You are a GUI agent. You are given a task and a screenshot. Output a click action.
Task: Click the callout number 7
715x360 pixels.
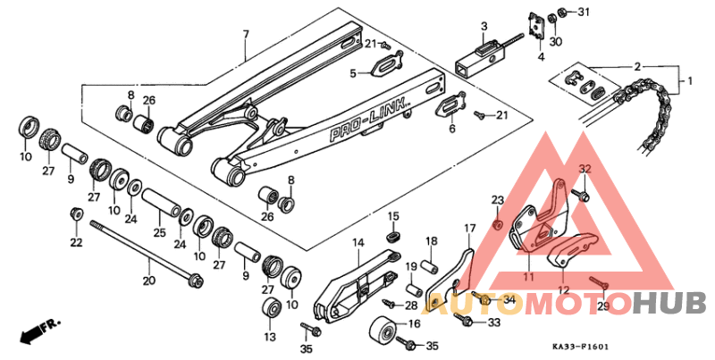point(245,35)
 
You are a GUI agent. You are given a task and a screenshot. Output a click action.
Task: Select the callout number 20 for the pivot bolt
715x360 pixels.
point(148,280)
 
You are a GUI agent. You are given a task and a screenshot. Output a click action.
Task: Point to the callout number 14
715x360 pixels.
point(357,243)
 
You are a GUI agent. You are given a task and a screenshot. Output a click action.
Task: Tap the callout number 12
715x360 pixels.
point(564,289)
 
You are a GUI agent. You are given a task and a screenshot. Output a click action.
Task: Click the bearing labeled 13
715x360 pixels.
point(267,309)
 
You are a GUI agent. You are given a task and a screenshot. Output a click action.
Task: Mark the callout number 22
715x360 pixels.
point(76,242)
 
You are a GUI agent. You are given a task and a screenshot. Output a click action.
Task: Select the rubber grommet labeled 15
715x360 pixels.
point(392,236)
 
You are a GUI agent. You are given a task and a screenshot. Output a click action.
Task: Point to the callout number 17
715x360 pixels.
point(467,229)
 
